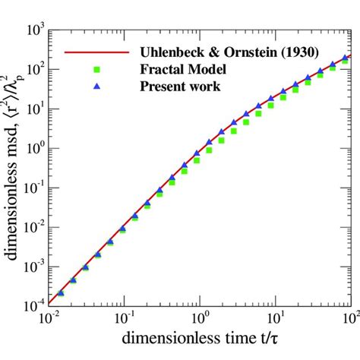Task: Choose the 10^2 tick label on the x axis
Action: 349,318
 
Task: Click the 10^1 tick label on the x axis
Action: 274,318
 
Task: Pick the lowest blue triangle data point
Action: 61,292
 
